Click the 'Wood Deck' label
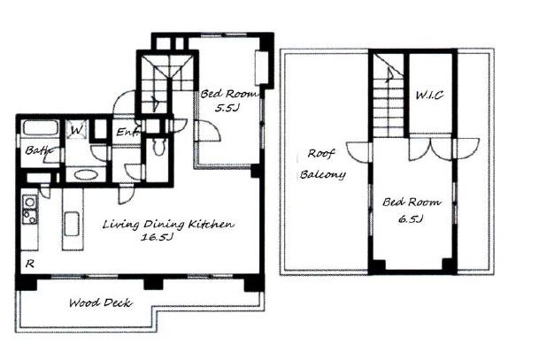point(101,303)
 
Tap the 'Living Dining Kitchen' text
point(168,224)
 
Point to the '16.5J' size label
point(157,238)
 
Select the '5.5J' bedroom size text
point(227,108)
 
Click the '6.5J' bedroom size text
point(411,218)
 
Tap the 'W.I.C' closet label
point(429,95)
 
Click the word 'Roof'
point(320,153)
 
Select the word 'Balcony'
point(323,174)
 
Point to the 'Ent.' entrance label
point(127,132)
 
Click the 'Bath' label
point(38,150)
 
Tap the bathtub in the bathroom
point(41,128)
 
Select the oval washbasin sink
point(86,174)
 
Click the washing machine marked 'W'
point(76,130)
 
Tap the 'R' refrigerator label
point(30,264)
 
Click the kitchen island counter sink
point(73,224)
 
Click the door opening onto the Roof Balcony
point(358,151)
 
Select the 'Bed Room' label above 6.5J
point(412,202)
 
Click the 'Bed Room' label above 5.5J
point(230,94)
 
